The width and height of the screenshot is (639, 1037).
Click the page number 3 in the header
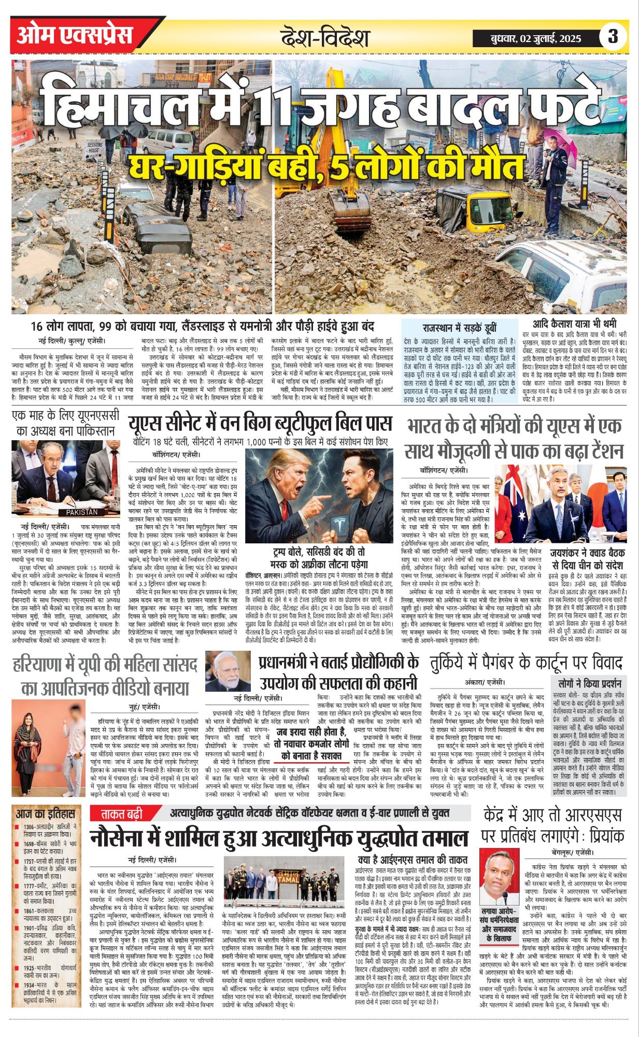tap(613, 37)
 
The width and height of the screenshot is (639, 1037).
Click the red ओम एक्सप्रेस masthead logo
tap(75, 35)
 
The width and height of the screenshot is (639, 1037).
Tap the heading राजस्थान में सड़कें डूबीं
tap(459, 327)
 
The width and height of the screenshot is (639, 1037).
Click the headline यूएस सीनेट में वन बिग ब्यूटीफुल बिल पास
tap(260, 423)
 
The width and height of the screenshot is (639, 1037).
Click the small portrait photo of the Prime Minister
tap(228, 671)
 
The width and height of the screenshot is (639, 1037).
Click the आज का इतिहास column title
tap(46, 814)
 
